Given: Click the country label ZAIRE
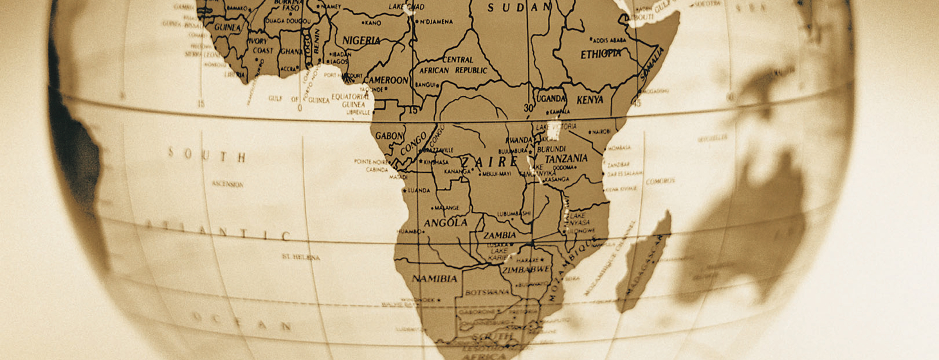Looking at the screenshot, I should tap(489, 161).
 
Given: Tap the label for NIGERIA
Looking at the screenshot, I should tap(361, 40).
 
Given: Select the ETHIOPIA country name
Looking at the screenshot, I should tap(601, 54).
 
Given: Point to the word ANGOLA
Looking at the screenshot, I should tap(445, 222).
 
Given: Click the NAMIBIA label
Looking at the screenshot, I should tap(434, 278).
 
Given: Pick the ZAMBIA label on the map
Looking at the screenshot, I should tap(500, 235).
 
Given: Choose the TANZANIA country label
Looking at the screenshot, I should tap(566, 158).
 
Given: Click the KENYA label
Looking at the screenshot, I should tap(590, 100).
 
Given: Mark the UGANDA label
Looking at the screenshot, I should tap(551, 98).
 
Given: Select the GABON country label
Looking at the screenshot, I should tap(389, 136).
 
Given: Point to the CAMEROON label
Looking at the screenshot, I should tap(386, 80).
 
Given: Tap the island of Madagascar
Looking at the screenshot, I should tap(643, 264).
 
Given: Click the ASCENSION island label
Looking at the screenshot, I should tap(228, 184).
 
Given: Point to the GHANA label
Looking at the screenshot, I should tap(291, 51).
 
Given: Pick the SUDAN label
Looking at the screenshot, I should tap(519, 8).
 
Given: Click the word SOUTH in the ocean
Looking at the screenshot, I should tap(206, 155).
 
